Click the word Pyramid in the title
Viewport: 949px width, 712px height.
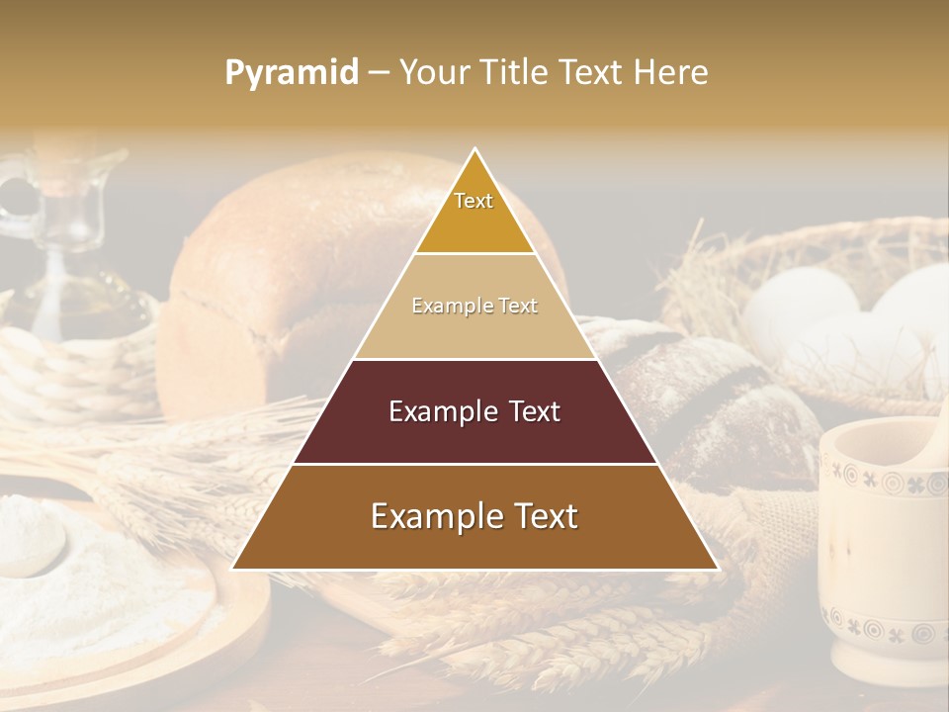click(291, 73)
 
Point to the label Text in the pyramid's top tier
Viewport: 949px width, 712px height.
click(474, 201)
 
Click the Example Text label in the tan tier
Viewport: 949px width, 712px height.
click(474, 306)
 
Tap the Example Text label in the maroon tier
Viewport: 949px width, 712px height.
click(474, 411)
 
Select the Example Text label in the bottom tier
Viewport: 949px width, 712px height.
click(474, 516)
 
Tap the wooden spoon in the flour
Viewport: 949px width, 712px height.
click(30, 544)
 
